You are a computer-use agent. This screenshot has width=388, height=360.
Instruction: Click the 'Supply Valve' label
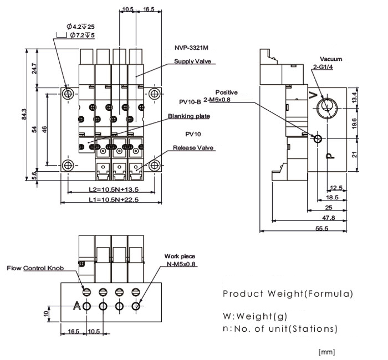click(192, 61)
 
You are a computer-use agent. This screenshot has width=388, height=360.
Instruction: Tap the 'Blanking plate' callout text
click(189, 116)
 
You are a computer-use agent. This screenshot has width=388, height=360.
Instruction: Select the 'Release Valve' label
click(193, 148)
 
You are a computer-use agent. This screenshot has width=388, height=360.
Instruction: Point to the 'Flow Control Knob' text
click(35, 268)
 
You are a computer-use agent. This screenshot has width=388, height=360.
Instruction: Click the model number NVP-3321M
click(191, 48)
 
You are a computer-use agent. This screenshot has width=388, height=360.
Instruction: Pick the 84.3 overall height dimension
click(24, 114)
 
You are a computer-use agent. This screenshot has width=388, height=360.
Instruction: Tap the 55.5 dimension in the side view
click(321, 228)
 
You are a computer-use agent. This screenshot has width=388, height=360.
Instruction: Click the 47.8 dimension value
click(328, 218)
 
